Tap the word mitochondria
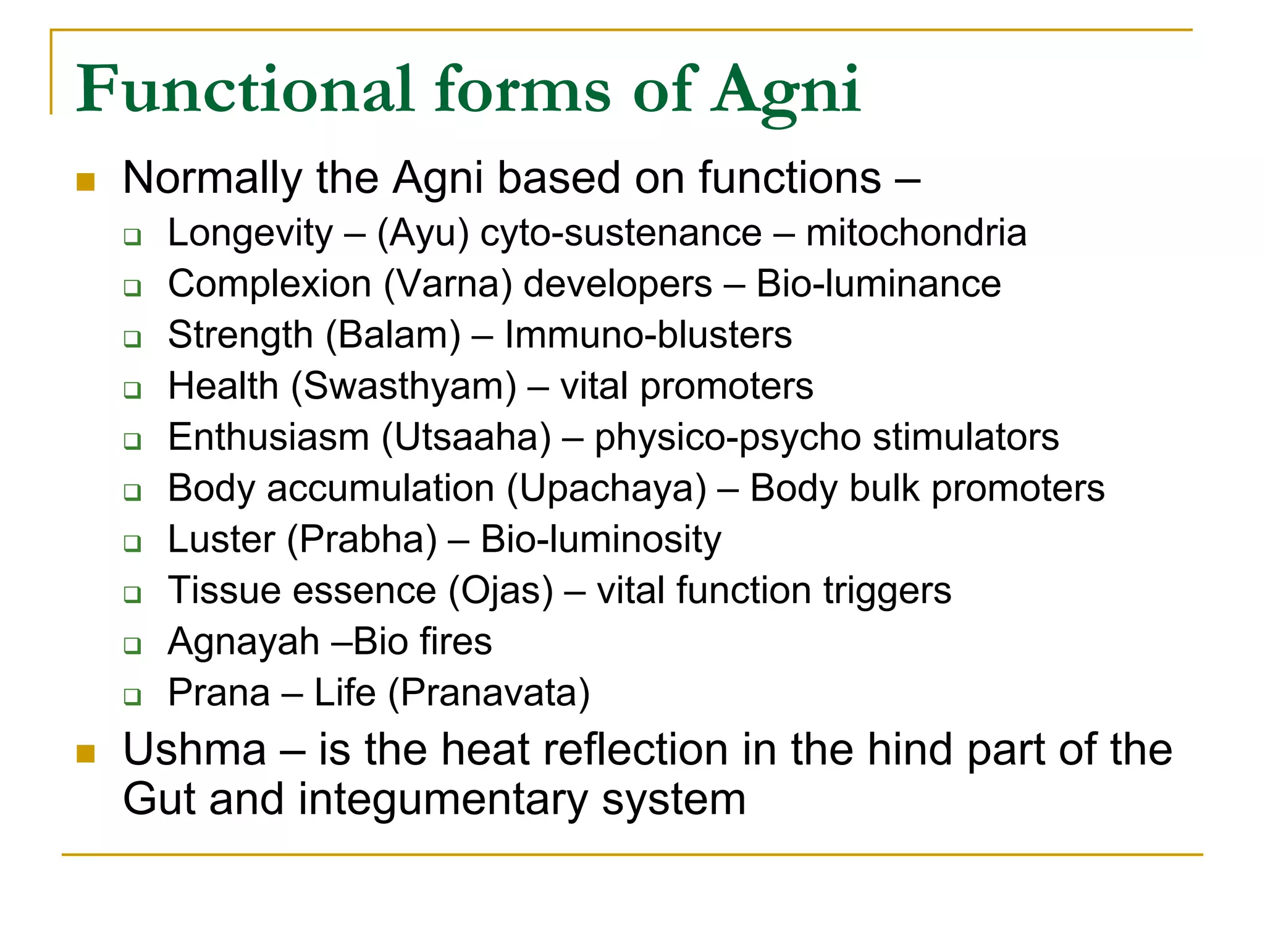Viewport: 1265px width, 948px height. click(915, 233)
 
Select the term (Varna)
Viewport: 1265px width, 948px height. click(448, 284)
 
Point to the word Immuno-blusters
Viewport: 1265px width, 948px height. click(648, 336)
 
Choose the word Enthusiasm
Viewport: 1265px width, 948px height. click(269, 438)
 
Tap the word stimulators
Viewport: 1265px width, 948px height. click(965, 438)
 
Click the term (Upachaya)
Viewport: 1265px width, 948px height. click(606, 489)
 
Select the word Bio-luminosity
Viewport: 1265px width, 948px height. click(600, 540)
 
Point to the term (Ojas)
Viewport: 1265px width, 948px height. click(500, 591)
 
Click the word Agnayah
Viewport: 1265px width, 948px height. click(243, 642)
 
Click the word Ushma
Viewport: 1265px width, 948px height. click(195, 750)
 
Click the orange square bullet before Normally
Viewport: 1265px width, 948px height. click(85, 182)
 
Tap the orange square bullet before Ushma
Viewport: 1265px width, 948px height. click(85, 753)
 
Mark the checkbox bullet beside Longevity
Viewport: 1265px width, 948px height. click(132, 237)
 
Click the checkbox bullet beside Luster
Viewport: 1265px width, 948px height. click(132, 543)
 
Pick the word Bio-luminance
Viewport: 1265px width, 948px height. click(878, 284)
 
